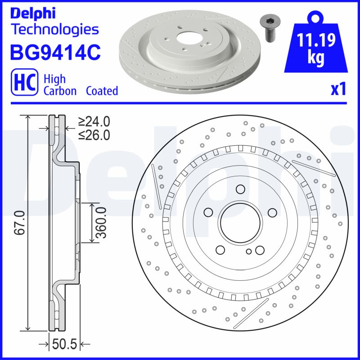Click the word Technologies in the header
pos(54,30)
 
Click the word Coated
pos(102,91)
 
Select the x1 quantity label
pos(338,89)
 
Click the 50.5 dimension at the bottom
pos(65,344)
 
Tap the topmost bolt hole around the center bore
pos(239,189)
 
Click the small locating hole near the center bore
pos(249,252)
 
